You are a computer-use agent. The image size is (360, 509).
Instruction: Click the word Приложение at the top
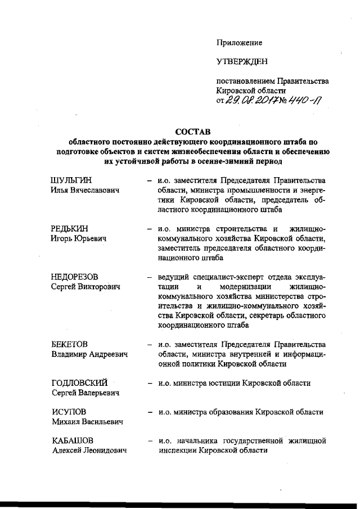pos(239,42)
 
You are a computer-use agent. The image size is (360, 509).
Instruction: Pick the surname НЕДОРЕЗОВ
pos(74,277)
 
